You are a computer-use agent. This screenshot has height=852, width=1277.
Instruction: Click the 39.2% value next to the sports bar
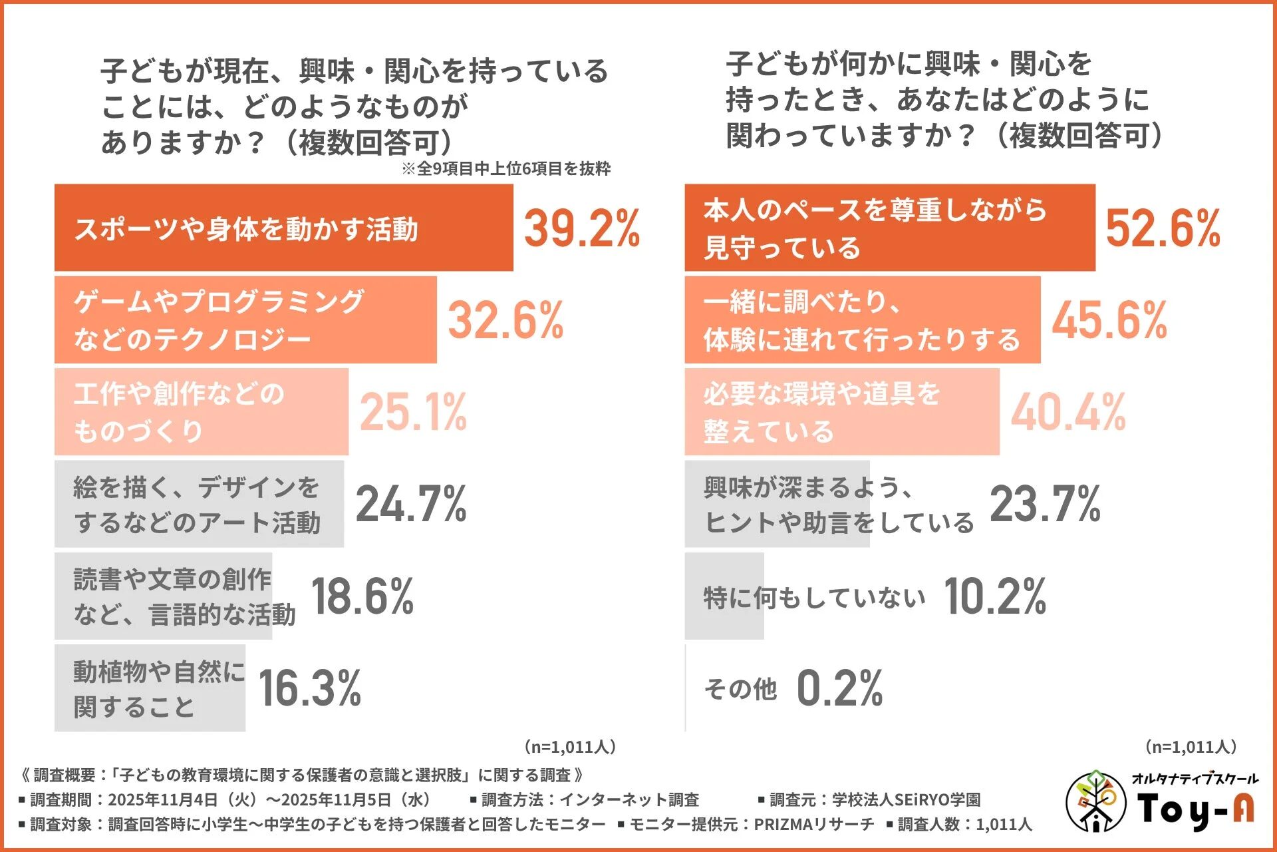point(581,228)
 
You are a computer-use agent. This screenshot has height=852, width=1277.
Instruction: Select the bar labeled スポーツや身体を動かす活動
point(283,228)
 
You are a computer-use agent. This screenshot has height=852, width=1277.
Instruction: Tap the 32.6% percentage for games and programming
point(505,320)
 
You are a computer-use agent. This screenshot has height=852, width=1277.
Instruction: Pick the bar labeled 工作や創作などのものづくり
point(201,412)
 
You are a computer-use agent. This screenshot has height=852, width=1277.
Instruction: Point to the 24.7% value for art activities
point(411,504)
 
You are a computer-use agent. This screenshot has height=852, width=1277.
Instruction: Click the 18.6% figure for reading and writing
point(362,596)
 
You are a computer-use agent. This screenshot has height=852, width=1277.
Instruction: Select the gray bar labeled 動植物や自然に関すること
point(150,688)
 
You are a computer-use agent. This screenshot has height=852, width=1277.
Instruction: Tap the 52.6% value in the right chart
point(1163,228)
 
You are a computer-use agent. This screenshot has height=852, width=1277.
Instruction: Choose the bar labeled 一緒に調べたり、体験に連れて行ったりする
point(862,320)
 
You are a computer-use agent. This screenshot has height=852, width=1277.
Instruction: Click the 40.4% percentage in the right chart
point(1068,412)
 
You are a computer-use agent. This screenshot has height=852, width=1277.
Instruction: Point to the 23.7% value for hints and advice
point(1046,504)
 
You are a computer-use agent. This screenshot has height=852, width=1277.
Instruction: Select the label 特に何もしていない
point(814,597)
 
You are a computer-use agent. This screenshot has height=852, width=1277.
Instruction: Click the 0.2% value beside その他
point(840,688)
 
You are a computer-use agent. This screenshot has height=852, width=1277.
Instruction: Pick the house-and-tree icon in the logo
point(1095,801)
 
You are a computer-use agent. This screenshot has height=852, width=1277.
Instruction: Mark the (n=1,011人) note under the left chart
point(570,747)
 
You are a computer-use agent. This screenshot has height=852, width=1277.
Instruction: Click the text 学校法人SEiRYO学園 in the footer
point(906,799)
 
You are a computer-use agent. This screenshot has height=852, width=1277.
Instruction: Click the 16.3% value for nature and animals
point(310,688)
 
